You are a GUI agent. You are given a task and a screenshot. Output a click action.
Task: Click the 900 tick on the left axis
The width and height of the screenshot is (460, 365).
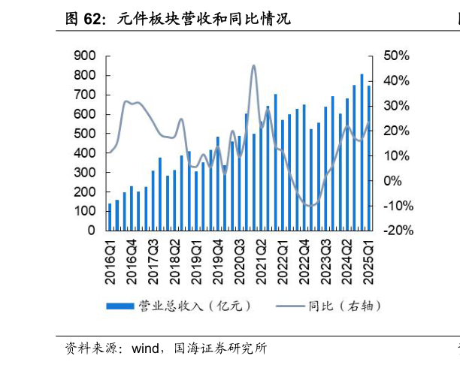coord(85,56)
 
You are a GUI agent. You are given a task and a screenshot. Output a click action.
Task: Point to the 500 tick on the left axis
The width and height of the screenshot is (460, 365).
coord(85,134)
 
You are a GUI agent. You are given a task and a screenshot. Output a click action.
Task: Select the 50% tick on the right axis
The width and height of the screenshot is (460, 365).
coord(396,56)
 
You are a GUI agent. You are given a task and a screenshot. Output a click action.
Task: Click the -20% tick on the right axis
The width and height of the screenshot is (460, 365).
coord(397,231)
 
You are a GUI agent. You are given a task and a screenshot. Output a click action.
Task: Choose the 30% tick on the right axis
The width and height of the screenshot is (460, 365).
coord(396,106)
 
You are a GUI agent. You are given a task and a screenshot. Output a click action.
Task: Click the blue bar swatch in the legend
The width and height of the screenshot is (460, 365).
coord(119,306)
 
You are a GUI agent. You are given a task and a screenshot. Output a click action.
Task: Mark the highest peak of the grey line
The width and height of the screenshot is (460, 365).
coord(253,66)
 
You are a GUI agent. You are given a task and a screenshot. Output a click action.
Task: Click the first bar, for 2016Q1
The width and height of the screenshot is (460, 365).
coord(110,217)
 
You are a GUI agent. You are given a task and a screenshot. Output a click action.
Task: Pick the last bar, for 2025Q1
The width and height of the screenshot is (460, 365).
coord(369,158)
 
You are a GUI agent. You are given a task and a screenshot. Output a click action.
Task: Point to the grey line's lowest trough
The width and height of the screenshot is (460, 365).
coord(308,205)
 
